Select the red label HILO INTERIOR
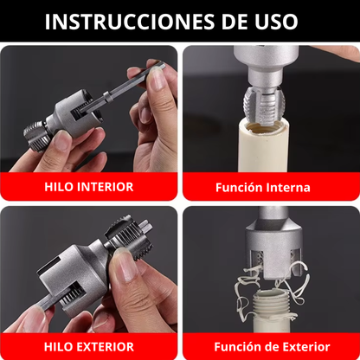pos(89,186)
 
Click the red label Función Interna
pos(269,186)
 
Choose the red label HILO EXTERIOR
pos(89,344)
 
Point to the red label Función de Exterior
pos(269,344)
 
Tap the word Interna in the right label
pos(292,186)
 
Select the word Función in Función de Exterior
pos(237,344)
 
